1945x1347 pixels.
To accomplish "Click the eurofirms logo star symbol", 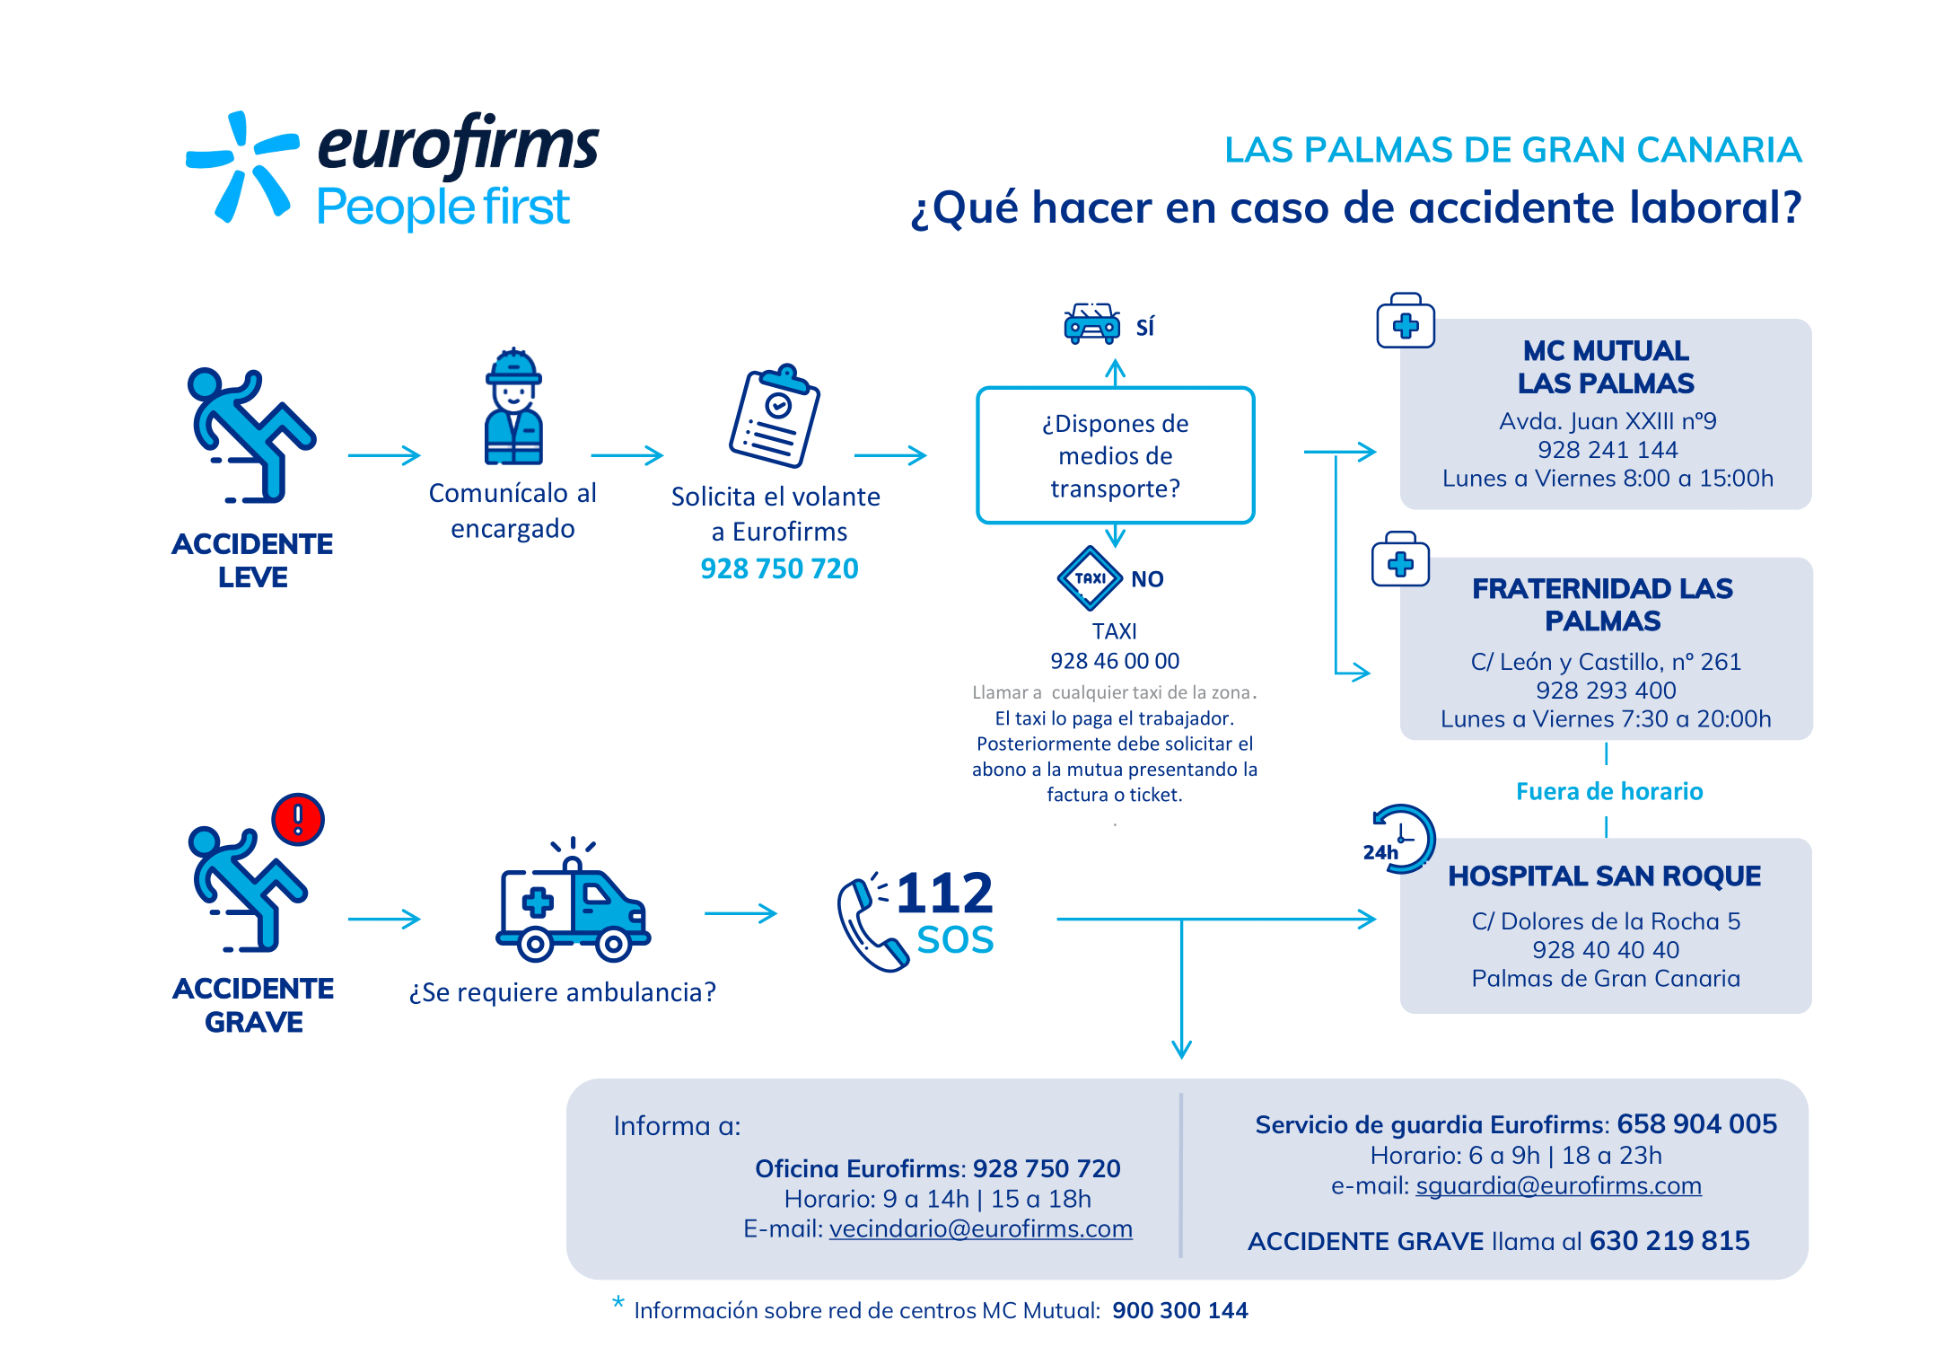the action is pyautogui.click(x=241, y=166).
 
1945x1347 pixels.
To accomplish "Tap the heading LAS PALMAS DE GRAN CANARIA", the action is pyautogui.click(x=1513, y=150).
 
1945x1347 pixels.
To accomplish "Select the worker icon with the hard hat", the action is pyautogui.click(x=513, y=406).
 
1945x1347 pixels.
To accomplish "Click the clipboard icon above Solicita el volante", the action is pyautogui.click(x=775, y=415).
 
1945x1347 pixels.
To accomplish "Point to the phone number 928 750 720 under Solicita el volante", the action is pyautogui.click(x=779, y=568).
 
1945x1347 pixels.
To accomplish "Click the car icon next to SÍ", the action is pyautogui.click(x=1091, y=323).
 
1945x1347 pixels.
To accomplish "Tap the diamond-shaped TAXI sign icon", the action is pyautogui.click(x=1090, y=578).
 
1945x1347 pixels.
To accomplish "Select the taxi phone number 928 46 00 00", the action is pyautogui.click(x=1115, y=661).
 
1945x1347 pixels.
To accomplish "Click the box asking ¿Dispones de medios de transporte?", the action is pyautogui.click(x=1116, y=455).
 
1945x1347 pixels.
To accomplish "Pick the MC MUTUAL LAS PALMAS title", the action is pyautogui.click(x=1606, y=366).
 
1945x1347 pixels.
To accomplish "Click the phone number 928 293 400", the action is pyautogui.click(x=1606, y=690).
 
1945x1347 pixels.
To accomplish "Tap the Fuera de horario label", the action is pyautogui.click(x=1609, y=791).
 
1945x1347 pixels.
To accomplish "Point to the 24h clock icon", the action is pyautogui.click(x=1400, y=839).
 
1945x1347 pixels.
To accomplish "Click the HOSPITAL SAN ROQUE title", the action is pyautogui.click(x=1605, y=876).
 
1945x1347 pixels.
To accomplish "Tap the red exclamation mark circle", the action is pyautogui.click(x=298, y=819).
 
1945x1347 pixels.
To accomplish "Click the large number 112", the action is pyautogui.click(x=944, y=893).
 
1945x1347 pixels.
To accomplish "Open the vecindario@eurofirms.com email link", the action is pyautogui.click(x=981, y=1228).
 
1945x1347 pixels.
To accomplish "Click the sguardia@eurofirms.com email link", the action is pyautogui.click(x=1559, y=1185).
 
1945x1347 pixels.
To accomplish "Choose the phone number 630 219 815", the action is pyautogui.click(x=1669, y=1240).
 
